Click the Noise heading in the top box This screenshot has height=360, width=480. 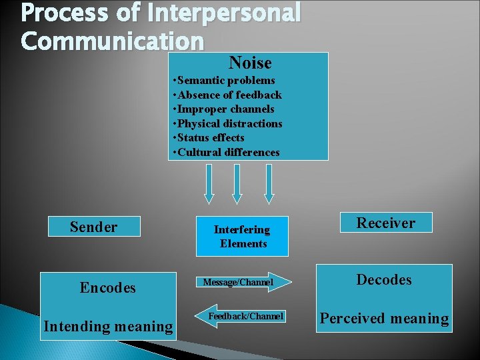click(x=250, y=63)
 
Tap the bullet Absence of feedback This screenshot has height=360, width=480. click(x=227, y=95)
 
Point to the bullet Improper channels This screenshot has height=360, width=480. click(x=223, y=109)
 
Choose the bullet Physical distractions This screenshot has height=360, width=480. click(x=227, y=123)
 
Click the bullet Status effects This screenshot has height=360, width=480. click(x=209, y=138)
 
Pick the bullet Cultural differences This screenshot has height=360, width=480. click(x=226, y=152)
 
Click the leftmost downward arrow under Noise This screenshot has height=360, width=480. click(x=209, y=183)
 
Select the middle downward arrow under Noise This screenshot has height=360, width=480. click(x=237, y=183)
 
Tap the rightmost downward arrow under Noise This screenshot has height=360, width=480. click(x=269, y=183)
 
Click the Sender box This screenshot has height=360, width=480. click(x=94, y=227)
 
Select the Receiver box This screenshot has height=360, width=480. click(x=385, y=223)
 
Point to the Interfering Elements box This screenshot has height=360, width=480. click(x=242, y=237)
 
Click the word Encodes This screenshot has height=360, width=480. click(x=107, y=288)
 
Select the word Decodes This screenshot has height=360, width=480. click(x=384, y=279)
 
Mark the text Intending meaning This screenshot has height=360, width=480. click(x=107, y=326)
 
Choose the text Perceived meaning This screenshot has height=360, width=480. click(x=384, y=319)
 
